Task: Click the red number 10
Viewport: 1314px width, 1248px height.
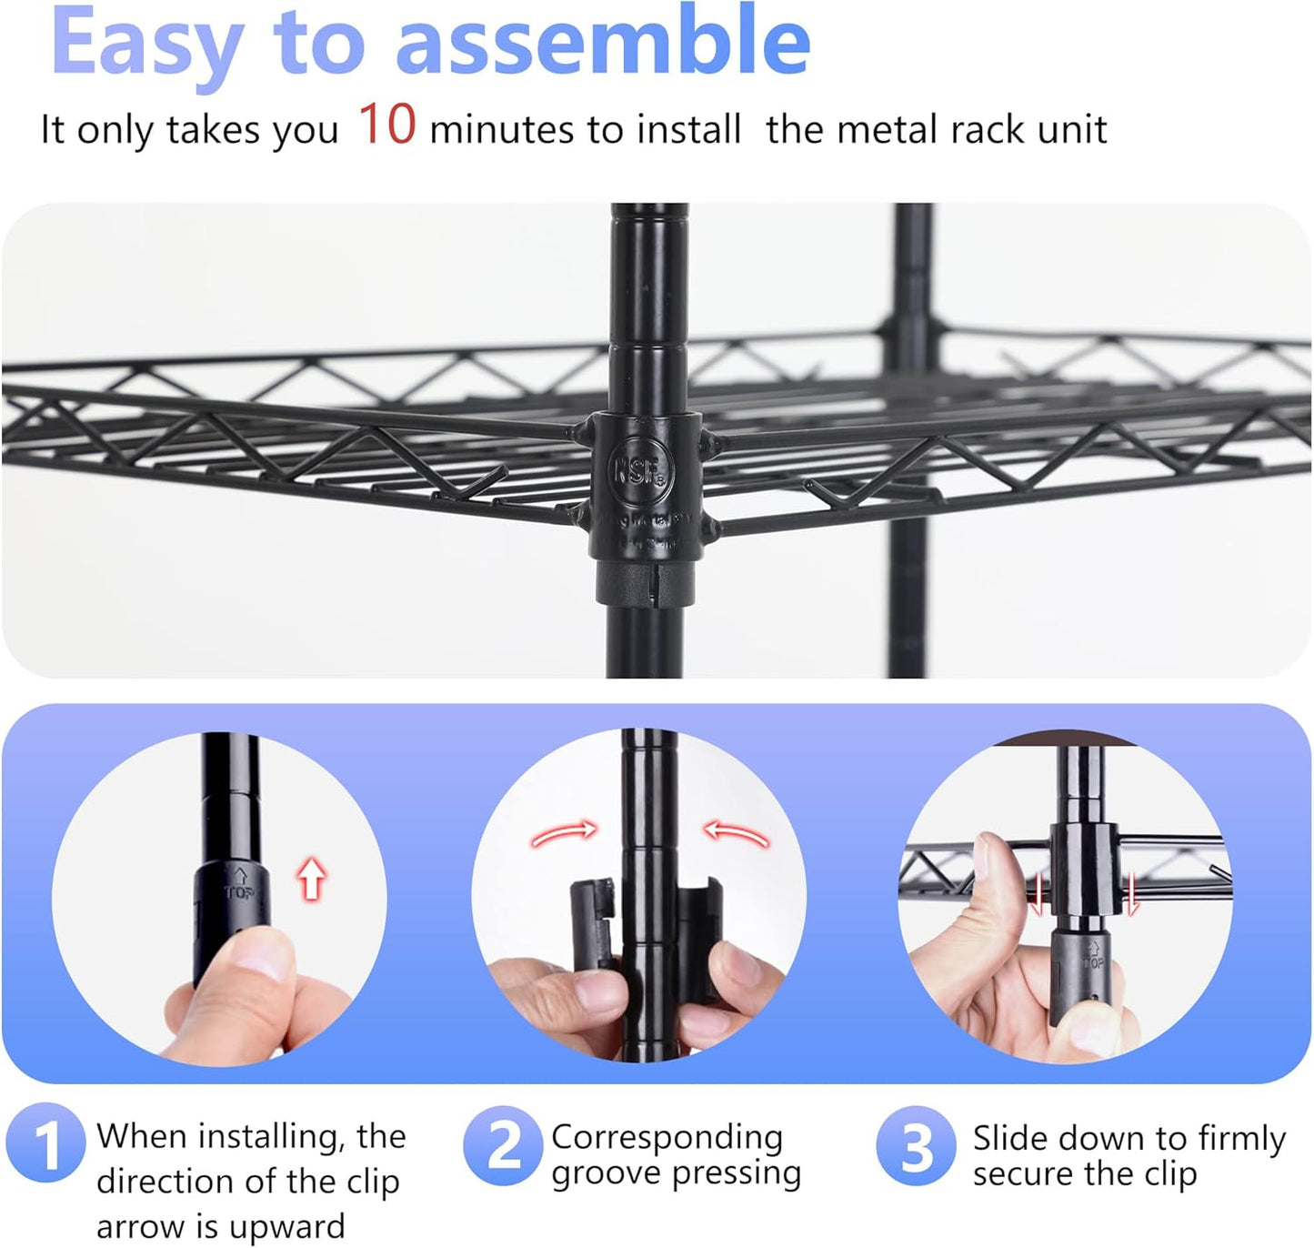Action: click(386, 125)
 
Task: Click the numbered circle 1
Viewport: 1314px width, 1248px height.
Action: click(45, 1142)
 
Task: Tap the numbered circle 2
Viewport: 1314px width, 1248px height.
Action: click(503, 1144)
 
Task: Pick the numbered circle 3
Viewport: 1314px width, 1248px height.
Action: click(916, 1146)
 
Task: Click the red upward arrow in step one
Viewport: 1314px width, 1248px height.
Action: click(312, 880)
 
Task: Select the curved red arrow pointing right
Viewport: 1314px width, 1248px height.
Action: click(564, 831)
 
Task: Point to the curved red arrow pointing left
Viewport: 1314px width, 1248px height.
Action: click(737, 831)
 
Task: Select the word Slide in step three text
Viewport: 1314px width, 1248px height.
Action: click(1008, 1138)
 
